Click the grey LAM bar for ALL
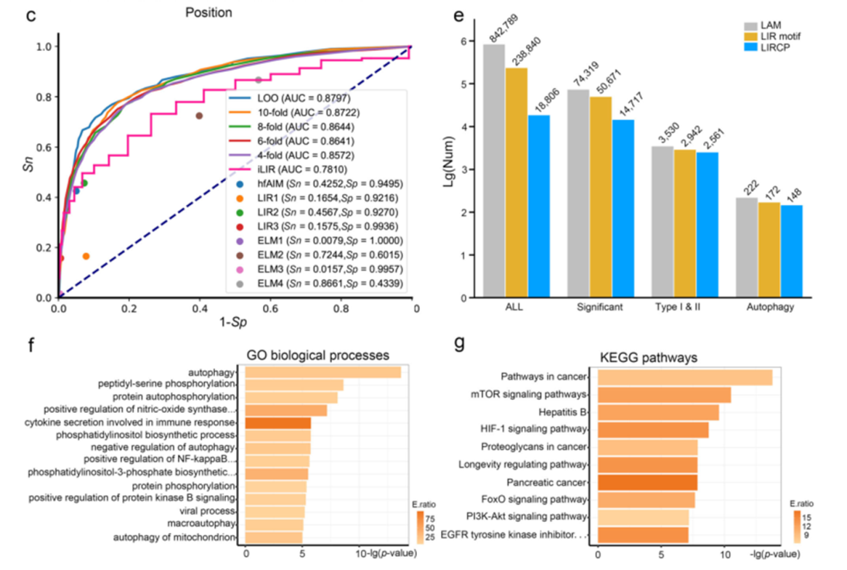494,170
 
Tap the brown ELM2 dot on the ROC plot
199,116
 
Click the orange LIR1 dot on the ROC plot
86,256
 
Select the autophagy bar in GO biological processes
323,373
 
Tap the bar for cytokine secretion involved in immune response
278,423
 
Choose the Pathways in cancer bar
685,377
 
